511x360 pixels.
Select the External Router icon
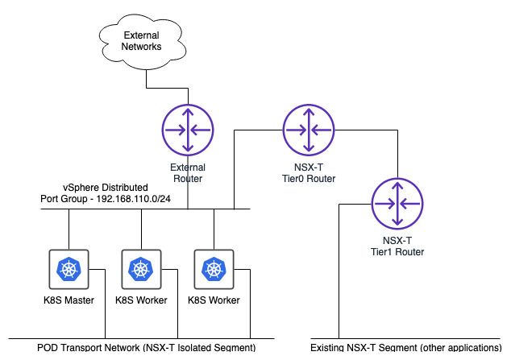pos(188,130)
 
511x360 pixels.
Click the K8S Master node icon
pos(67,268)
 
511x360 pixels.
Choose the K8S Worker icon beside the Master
pos(140,268)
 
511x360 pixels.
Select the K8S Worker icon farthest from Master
pos(214,268)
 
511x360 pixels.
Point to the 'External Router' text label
pos(188,172)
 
